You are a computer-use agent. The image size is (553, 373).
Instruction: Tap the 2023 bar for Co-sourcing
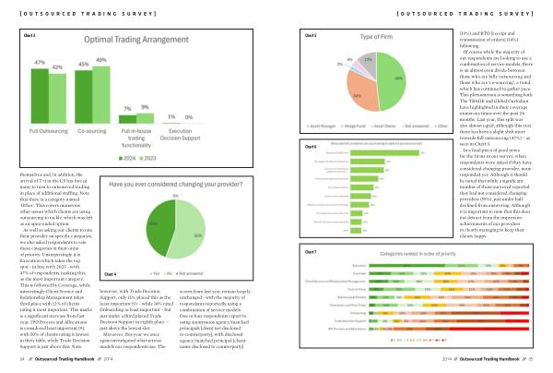point(101,92)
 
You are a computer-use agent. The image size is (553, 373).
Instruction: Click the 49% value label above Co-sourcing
point(101,60)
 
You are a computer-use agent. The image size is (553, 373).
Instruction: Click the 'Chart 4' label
point(111,274)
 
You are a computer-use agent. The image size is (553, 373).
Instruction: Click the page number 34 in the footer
point(21,363)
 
